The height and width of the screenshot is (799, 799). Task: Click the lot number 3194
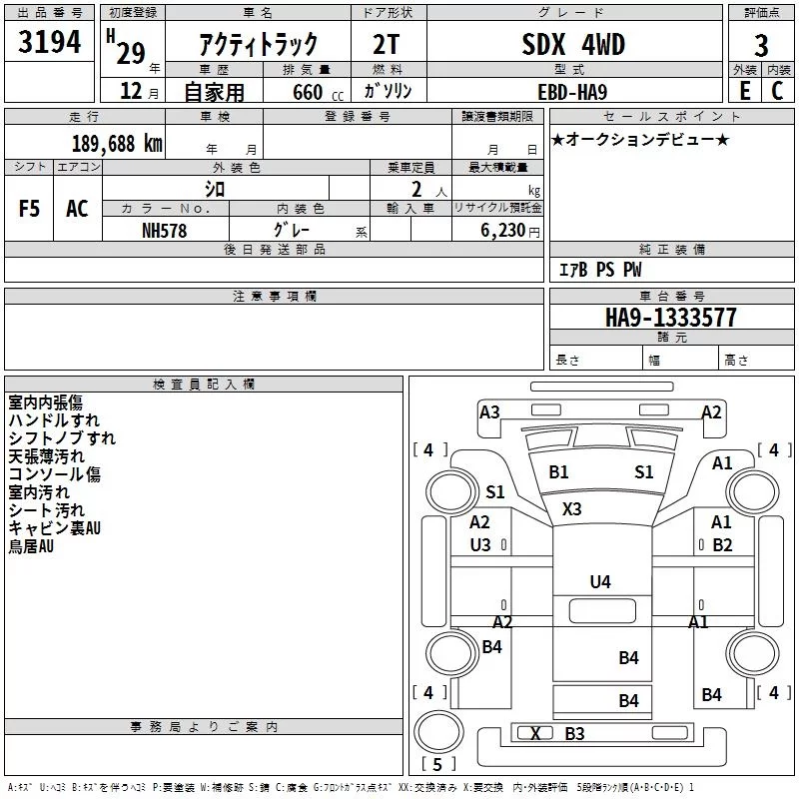(50, 43)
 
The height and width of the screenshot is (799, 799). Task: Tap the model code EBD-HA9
(571, 91)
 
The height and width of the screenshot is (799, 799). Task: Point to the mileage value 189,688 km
(117, 143)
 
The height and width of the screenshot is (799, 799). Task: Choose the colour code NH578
(165, 230)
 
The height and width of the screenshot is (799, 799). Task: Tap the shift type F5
(30, 209)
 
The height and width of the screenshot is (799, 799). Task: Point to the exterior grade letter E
(744, 91)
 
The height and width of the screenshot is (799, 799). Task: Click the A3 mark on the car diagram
(489, 411)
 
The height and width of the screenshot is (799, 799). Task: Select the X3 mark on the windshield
(571, 509)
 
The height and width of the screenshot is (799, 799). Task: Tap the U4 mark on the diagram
(600, 582)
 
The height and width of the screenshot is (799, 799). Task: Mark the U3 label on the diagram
(480, 544)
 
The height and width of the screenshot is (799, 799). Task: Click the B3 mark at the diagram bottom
(574, 734)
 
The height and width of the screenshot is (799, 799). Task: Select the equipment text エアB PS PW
(599, 270)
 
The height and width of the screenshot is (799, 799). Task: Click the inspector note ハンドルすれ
(54, 420)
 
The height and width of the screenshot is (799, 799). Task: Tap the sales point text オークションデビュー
(640, 139)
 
